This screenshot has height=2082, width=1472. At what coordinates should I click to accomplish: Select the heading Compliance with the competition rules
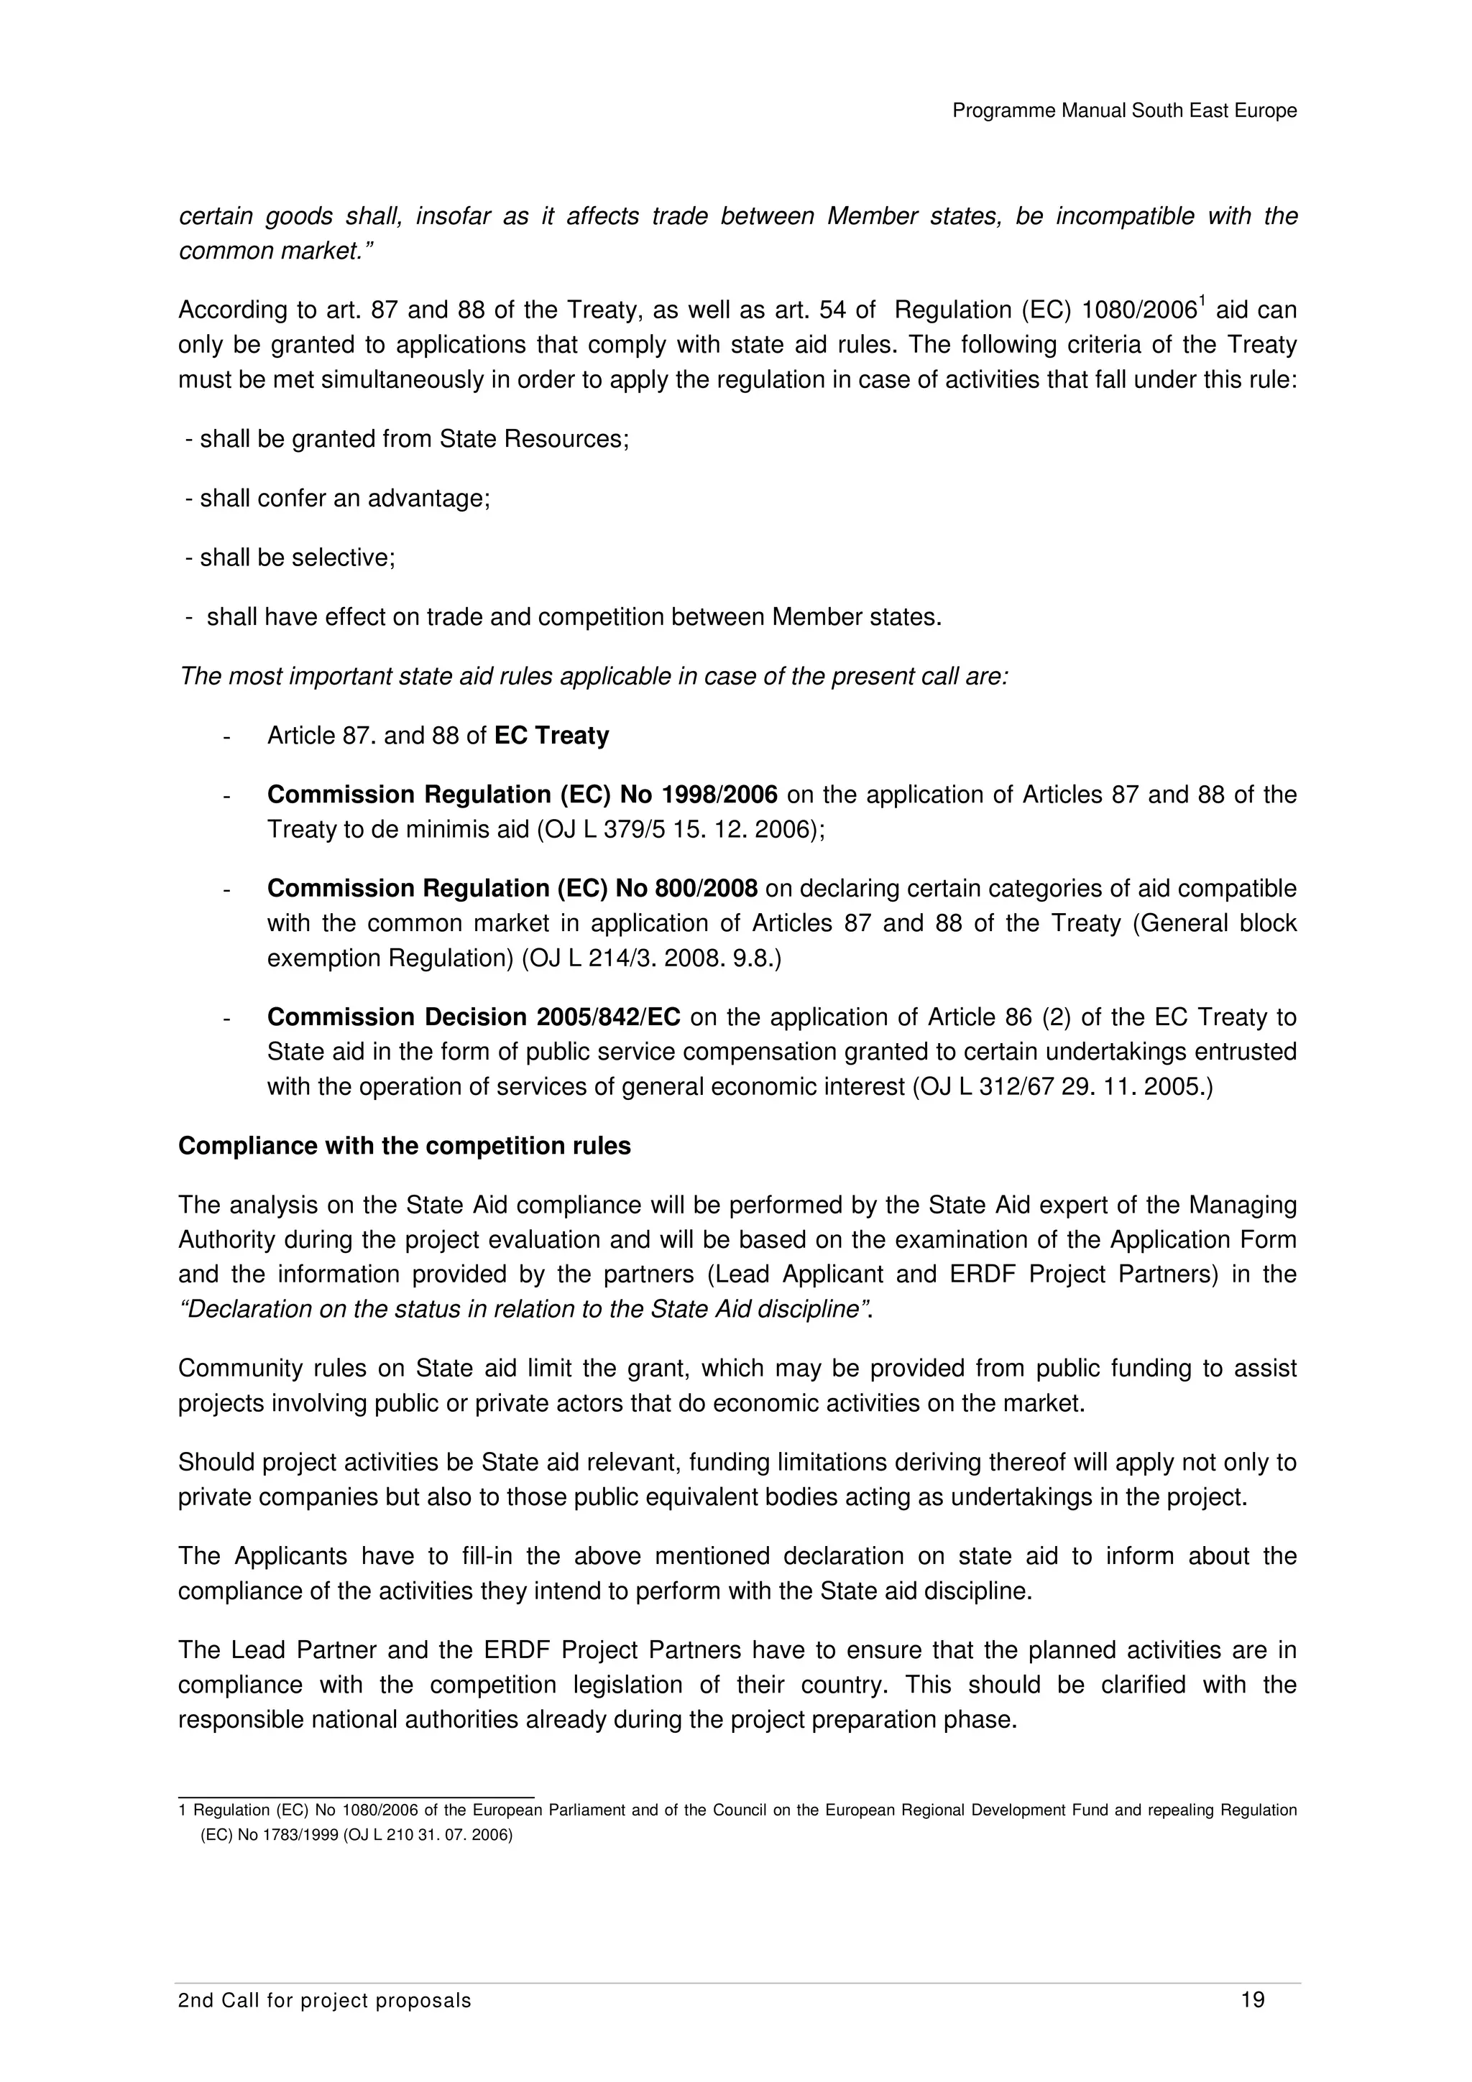(405, 1146)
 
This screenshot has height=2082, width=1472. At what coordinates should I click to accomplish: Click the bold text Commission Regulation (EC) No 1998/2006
(522, 795)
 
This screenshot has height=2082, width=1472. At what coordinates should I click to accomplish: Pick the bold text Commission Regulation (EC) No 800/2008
(512, 889)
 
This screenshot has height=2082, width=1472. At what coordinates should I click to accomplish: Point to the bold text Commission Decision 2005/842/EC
(474, 1017)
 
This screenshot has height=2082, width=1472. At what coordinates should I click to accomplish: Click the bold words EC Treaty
(551, 736)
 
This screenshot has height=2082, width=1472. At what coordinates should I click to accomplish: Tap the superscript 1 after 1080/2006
(1203, 302)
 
